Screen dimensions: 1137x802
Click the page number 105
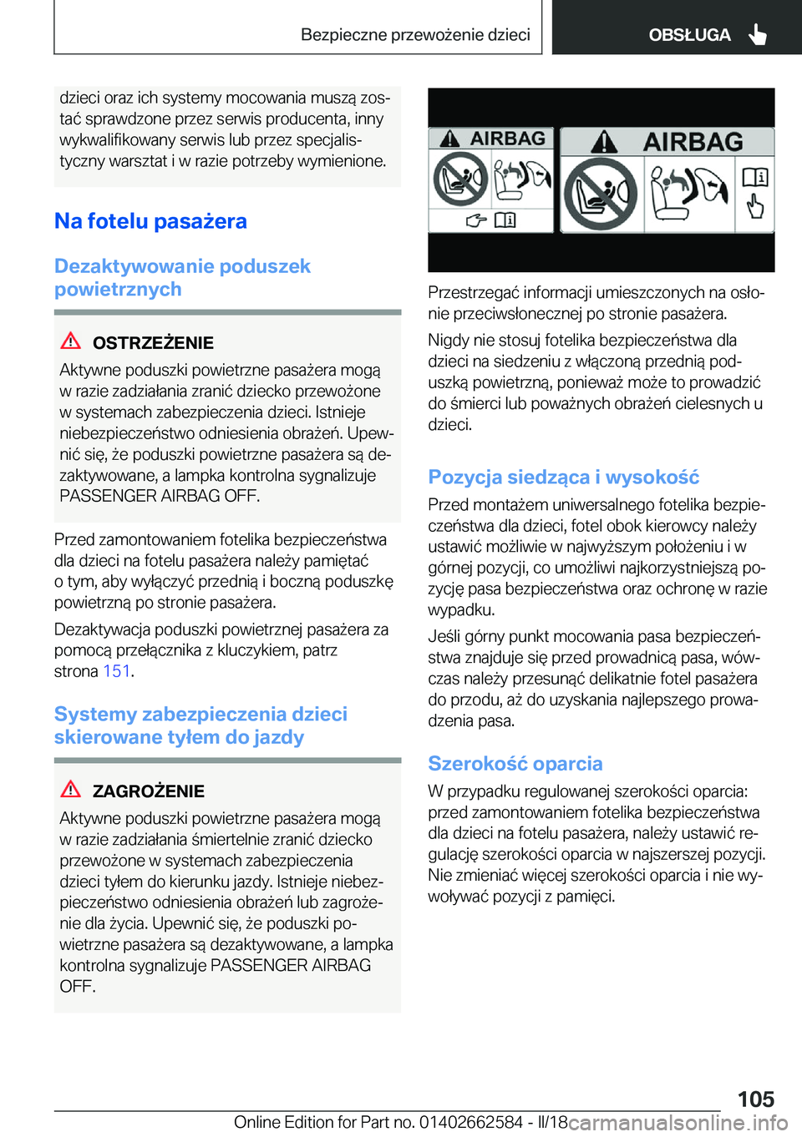(x=755, y=1099)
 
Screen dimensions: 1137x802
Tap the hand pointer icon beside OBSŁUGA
(x=758, y=34)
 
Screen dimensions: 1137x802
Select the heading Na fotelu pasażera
(x=150, y=221)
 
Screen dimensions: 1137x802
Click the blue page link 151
(x=117, y=671)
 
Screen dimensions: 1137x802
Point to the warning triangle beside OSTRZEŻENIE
(x=71, y=341)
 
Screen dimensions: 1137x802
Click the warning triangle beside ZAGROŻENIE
(x=71, y=789)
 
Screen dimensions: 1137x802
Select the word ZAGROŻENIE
(x=149, y=791)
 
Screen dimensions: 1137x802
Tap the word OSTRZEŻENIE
(x=153, y=342)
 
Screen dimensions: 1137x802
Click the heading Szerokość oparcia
(x=515, y=764)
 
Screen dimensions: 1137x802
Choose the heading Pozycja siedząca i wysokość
(x=563, y=477)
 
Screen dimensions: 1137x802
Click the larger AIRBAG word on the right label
(x=693, y=142)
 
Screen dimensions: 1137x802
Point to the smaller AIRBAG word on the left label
(x=507, y=139)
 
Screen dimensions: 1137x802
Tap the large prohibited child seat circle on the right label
(x=600, y=194)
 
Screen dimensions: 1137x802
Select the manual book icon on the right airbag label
(x=755, y=177)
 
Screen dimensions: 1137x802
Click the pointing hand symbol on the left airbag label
(x=476, y=220)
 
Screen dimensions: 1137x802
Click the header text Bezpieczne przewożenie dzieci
(x=415, y=35)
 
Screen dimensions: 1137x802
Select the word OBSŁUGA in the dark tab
(x=689, y=35)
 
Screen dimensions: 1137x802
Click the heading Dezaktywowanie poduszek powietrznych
(x=182, y=277)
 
